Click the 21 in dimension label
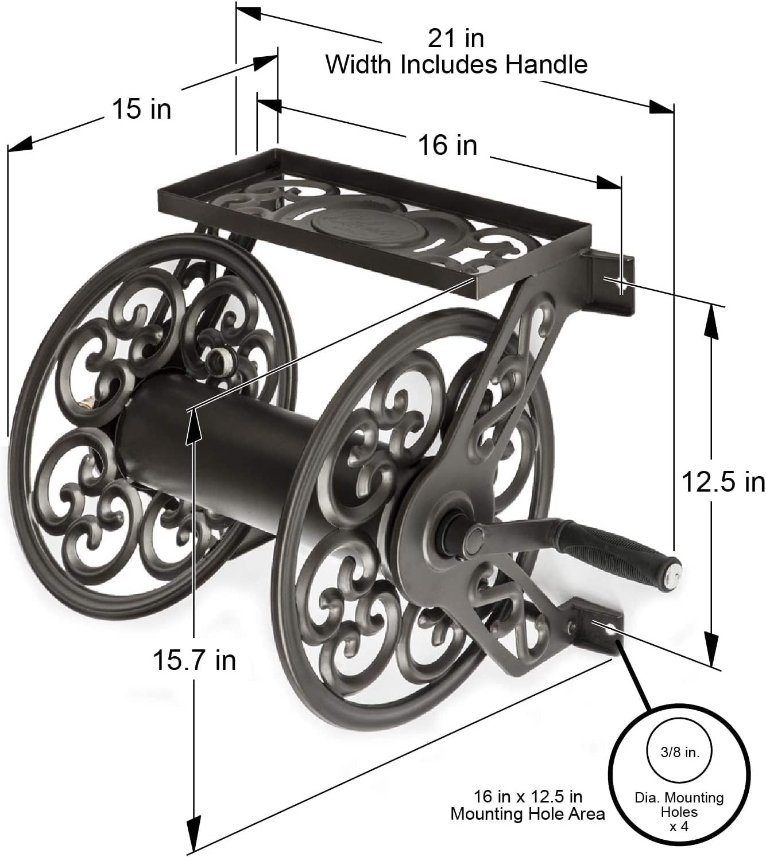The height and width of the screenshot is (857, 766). [456, 38]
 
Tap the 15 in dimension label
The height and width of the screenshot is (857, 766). [141, 108]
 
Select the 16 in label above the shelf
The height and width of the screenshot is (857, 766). [447, 145]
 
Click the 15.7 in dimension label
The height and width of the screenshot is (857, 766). [194, 660]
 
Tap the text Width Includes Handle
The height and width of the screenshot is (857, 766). [456, 64]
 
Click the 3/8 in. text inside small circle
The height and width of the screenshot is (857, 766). [679, 753]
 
